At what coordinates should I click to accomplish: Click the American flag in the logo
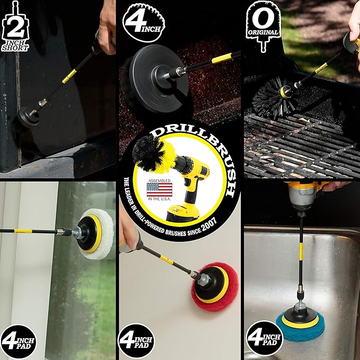pyautogui.click(x=160, y=189)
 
